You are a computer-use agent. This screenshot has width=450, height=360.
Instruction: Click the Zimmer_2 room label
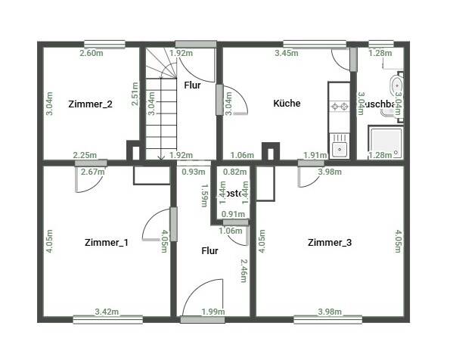point(90,104)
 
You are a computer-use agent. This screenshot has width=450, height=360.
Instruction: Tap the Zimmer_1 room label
point(106,243)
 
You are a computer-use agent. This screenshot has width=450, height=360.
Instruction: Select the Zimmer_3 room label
point(329,243)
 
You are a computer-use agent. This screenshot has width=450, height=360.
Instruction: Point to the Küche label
point(287,104)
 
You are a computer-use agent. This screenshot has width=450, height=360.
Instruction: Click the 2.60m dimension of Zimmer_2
point(93,54)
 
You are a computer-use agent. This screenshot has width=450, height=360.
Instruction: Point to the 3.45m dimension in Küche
point(287,54)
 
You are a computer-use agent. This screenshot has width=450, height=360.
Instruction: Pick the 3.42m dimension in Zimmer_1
point(107,312)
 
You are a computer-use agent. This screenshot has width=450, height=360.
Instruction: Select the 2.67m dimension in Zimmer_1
point(93,172)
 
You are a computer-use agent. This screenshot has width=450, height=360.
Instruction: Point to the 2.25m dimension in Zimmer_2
point(84,156)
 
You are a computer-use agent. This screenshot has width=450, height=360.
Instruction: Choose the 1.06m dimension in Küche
point(242,156)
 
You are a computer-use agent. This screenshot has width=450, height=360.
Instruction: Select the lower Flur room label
point(209,250)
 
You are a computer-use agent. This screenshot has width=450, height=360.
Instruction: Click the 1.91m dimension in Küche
point(315,156)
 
